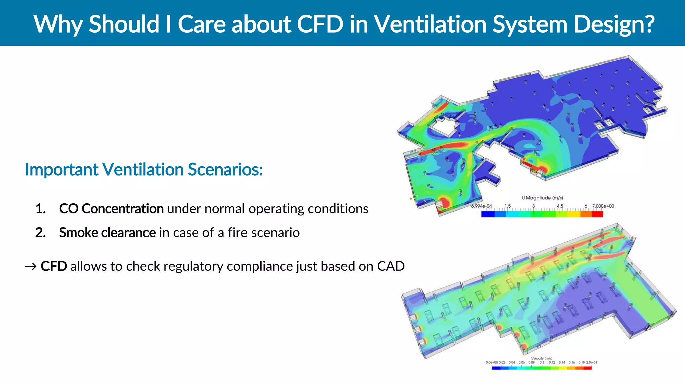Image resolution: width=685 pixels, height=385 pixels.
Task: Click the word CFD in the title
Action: (x=320, y=24)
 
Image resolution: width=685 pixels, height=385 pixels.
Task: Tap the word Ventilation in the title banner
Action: (x=429, y=24)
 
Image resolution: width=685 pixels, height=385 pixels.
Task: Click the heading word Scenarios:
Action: (x=225, y=169)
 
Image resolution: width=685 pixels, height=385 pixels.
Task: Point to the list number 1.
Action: (x=40, y=209)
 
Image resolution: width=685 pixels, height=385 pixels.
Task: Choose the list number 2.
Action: (x=40, y=233)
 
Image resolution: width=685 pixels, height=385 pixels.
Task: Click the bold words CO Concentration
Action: (x=111, y=209)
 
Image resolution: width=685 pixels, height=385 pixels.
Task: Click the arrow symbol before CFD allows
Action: (x=30, y=267)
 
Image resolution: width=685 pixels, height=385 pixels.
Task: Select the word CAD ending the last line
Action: (x=391, y=266)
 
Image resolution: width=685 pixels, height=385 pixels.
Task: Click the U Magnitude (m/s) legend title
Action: (x=542, y=198)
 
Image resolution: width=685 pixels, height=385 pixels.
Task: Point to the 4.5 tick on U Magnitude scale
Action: (x=560, y=206)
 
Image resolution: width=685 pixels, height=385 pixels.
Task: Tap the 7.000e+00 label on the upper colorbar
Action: (x=603, y=206)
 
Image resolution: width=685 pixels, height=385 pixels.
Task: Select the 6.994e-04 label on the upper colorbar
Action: (x=481, y=206)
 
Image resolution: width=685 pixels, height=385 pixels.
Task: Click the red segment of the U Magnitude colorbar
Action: (x=597, y=214)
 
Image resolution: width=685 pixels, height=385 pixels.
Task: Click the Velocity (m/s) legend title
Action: (x=542, y=358)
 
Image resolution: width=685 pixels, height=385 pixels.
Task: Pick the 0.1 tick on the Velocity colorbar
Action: (x=542, y=362)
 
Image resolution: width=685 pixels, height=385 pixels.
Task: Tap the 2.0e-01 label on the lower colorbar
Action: (x=591, y=362)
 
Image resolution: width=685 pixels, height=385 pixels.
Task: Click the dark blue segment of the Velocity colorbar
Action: (x=496, y=368)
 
